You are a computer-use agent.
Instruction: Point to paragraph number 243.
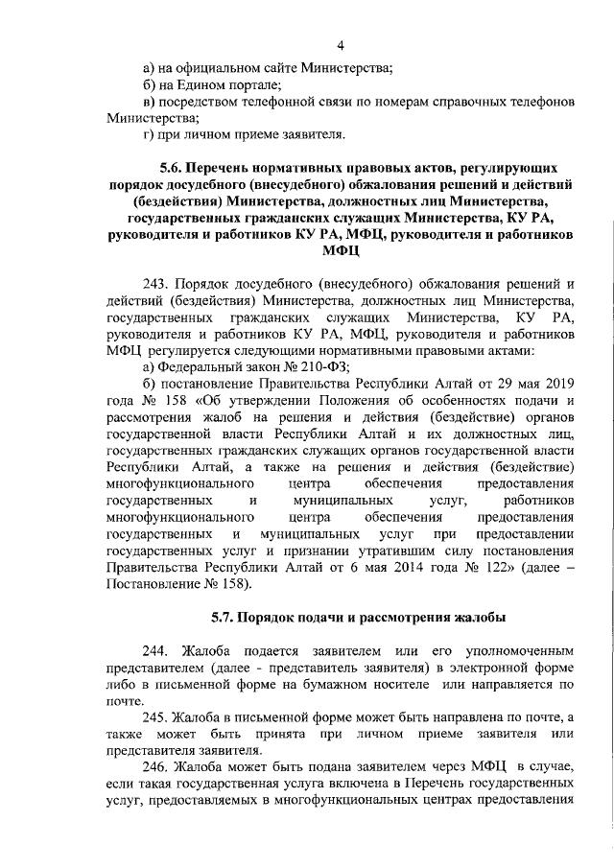coord(155,284)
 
